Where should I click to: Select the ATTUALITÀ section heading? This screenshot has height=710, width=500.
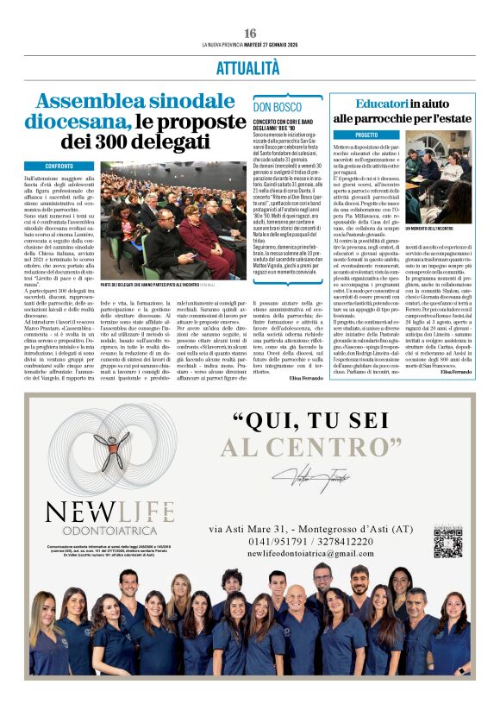(x=249, y=67)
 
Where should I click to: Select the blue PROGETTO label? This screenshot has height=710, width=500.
(x=354, y=135)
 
